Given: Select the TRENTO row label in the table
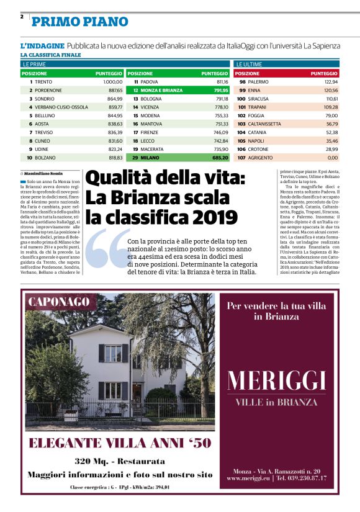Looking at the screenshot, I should [x=43, y=81].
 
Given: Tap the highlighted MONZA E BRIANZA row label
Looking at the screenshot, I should [x=158, y=90].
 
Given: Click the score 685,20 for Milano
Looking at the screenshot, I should [x=217, y=158].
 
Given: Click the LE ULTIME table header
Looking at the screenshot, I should [x=248, y=64].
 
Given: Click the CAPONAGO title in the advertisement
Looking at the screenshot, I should [x=58, y=302].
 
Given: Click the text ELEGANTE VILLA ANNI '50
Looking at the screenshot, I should [x=120, y=443].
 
